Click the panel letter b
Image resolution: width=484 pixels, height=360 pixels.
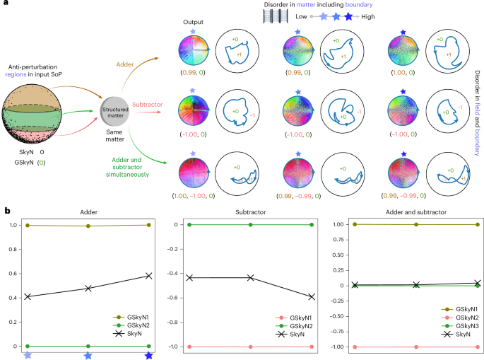tap(6, 210)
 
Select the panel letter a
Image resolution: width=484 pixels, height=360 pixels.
tap(6, 5)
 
